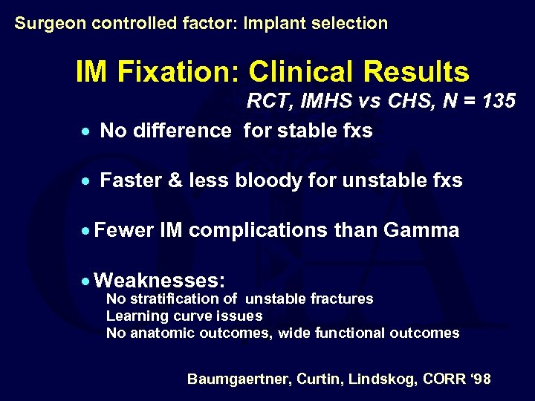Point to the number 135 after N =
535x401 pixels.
498,101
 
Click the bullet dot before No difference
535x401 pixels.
86,132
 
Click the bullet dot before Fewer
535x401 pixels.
86,232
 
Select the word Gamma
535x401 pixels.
421,230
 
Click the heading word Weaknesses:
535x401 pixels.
160,280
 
